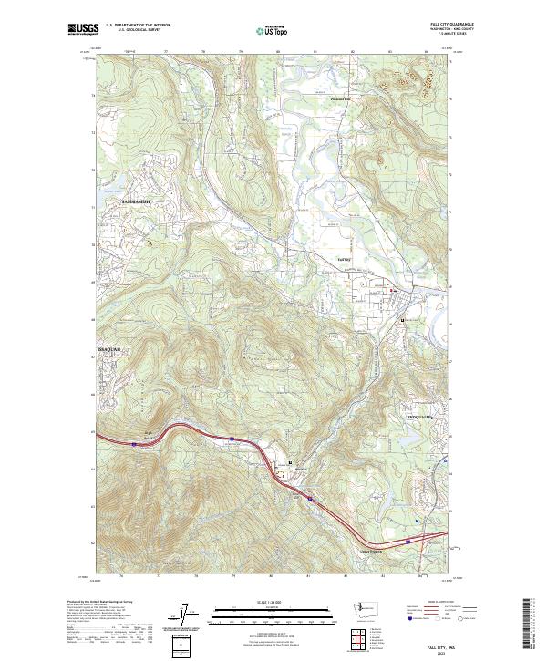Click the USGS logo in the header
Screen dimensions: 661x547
[83, 30]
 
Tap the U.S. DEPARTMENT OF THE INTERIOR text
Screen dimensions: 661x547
[138, 25]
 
